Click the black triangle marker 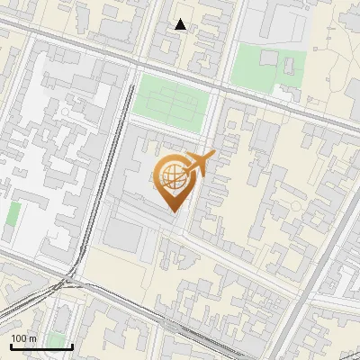click(x=181, y=25)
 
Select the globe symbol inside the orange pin click(x=172, y=177)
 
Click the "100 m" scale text click(x=24, y=338)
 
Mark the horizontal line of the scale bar click(x=41, y=346)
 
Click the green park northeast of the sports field click(x=266, y=68)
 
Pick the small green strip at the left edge click(x=13, y=214)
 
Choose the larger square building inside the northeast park click(x=268, y=57)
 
